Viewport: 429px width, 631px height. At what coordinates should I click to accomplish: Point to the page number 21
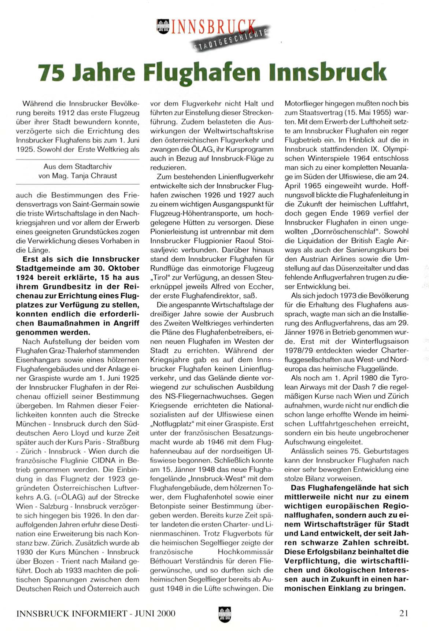click(x=404, y=613)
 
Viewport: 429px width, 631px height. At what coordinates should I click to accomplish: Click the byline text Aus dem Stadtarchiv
click(x=78, y=167)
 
